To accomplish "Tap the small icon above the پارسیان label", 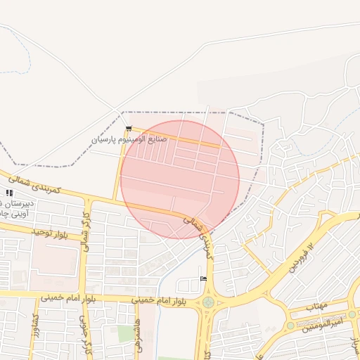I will [x=129, y=128].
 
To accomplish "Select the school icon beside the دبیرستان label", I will [x=9, y=193].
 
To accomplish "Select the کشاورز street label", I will [x=36, y=328].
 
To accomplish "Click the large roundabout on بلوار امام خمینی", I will [x=208, y=302].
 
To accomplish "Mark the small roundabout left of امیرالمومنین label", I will [x=290, y=326].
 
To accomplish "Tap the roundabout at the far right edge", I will [x=352, y=314].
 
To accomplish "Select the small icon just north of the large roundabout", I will [x=203, y=279].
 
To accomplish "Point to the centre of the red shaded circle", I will [x=180, y=179].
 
